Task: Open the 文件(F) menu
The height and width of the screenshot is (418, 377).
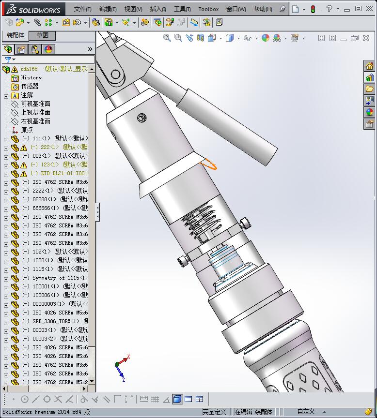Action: (x=83, y=9)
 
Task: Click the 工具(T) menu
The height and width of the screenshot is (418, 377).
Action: (x=182, y=9)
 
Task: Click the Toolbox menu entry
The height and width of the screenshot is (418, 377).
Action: (x=208, y=9)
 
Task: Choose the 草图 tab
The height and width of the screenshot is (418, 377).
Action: (x=42, y=35)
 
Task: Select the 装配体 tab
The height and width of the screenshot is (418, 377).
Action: (x=16, y=35)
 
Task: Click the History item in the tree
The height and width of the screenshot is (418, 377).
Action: (x=31, y=77)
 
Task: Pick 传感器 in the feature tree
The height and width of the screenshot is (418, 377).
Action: (x=30, y=86)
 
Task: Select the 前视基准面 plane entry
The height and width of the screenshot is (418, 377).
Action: (x=35, y=104)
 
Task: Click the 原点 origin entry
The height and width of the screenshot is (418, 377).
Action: (x=27, y=130)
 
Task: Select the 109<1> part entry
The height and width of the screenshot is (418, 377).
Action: (x=41, y=252)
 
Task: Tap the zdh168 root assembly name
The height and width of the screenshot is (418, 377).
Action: (x=29, y=69)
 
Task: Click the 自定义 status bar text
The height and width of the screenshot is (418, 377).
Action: (x=306, y=412)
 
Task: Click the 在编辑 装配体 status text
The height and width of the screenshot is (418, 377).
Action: (x=253, y=412)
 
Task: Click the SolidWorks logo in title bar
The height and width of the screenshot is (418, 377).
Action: (x=33, y=9)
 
